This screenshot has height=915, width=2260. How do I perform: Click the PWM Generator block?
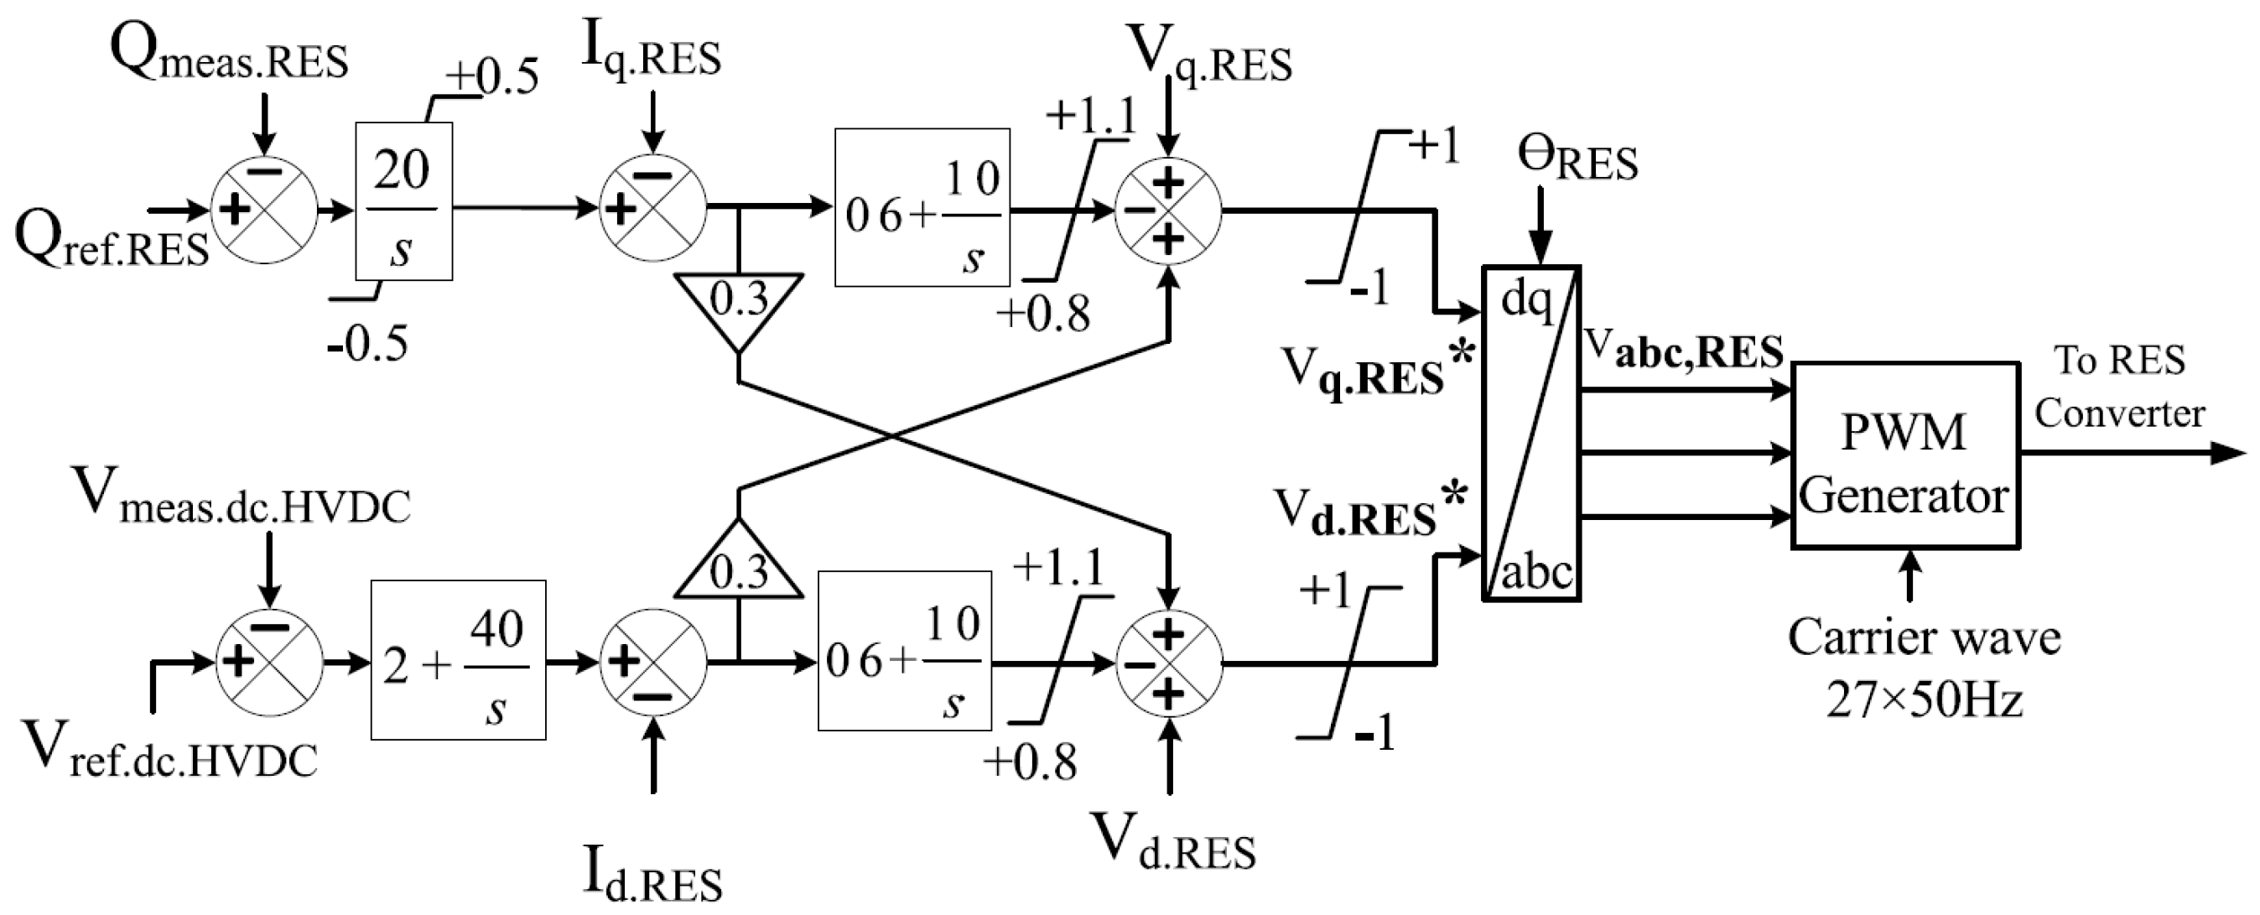tap(1904, 455)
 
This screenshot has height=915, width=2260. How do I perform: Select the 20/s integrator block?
tap(403, 202)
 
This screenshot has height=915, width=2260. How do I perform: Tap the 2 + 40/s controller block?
tap(458, 660)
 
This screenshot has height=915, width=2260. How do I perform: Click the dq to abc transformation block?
tap(1531, 433)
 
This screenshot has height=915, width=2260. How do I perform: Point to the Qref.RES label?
tap(112, 242)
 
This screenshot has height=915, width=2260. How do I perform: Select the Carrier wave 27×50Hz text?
tap(1924, 667)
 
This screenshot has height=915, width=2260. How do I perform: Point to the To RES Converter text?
tap(2119, 386)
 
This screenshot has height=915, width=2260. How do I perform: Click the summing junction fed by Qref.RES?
tap(264, 211)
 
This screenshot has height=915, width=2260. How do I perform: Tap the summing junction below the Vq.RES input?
tap(1167, 211)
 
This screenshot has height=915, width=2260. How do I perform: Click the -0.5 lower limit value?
tap(368, 343)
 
